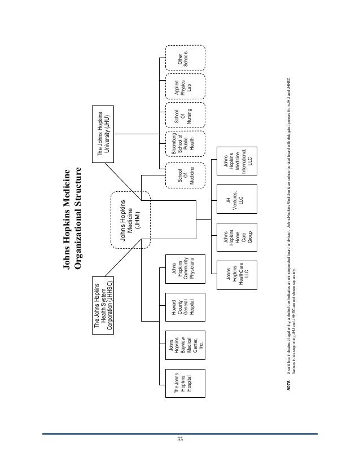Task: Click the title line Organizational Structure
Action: pos(78,219)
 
